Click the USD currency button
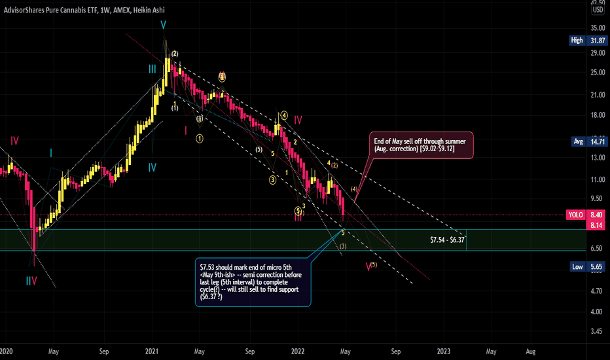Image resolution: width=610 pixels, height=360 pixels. pyautogui.click(x=598, y=9)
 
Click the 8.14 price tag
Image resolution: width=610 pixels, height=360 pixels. pyautogui.click(x=597, y=225)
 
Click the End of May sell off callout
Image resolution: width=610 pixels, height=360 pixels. pyautogui.click(x=418, y=145)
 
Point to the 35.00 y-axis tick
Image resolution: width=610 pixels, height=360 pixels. pyautogui.click(x=597, y=28)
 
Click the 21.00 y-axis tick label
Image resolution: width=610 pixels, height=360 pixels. pyautogui.click(x=597, y=96)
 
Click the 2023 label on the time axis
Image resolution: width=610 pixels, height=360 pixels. pyautogui.click(x=444, y=351)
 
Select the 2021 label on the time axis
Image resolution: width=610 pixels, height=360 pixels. pyautogui.click(x=152, y=351)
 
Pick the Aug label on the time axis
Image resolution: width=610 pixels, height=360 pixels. pyautogui.click(x=532, y=351)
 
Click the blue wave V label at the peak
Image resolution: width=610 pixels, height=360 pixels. pyautogui.click(x=164, y=25)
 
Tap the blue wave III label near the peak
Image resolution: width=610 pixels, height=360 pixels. pyautogui.click(x=152, y=68)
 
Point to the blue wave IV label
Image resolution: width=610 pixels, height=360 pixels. pyautogui.click(x=152, y=168)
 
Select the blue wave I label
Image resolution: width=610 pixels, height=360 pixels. pyautogui.click(x=51, y=153)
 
